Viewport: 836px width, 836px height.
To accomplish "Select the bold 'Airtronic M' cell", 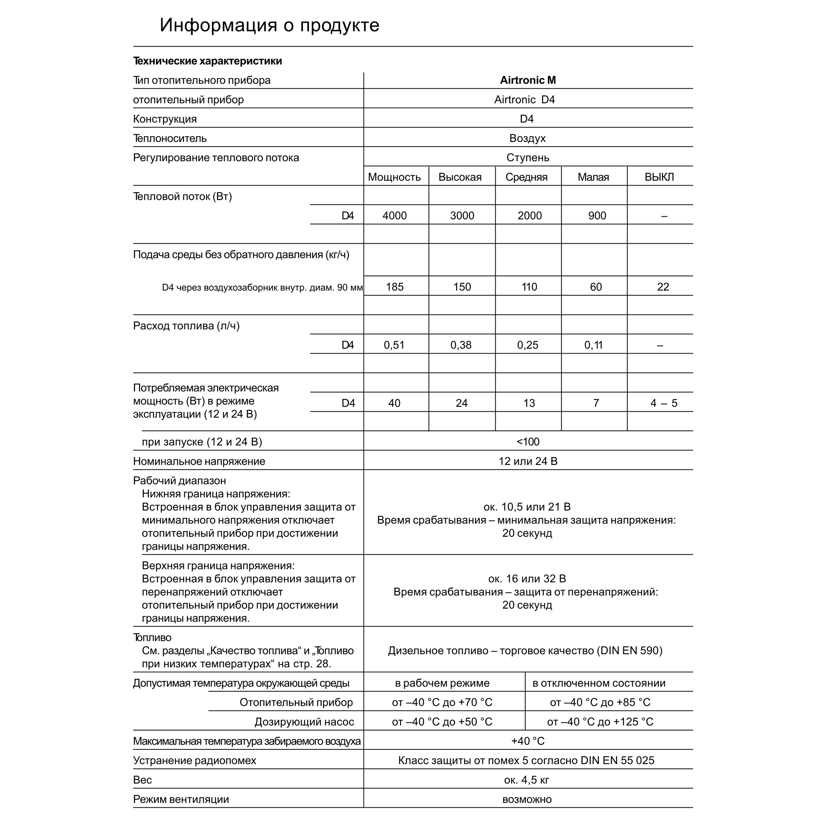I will [x=528, y=80].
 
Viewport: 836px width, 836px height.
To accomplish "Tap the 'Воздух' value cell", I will [x=528, y=138].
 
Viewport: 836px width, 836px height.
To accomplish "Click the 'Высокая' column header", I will [x=460, y=177].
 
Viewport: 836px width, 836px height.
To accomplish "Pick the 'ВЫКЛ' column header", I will [x=659, y=177].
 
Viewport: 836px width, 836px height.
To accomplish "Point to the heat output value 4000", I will [x=395, y=215].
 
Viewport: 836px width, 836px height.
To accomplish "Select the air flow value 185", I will [x=395, y=287].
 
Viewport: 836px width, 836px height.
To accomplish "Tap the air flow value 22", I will [x=663, y=287].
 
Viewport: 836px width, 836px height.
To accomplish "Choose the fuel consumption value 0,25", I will [x=528, y=345].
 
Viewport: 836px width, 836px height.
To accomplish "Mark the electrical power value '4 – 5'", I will [x=663, y=403].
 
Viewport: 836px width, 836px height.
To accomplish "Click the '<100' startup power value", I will [x=528, y=442].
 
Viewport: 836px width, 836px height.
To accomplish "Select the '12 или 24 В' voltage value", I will [x=528, y=461].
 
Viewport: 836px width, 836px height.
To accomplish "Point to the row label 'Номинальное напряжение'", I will [x=199, y=461].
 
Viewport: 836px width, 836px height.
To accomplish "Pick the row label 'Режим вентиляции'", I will [x=181, y=799].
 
